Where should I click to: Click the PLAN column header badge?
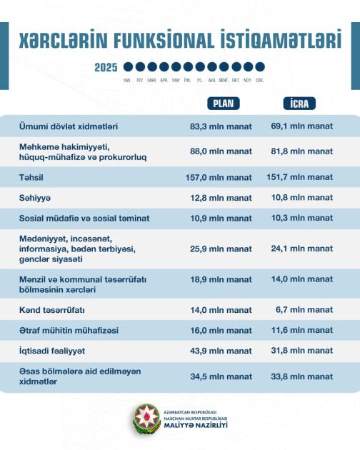222,103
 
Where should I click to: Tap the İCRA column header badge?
300,103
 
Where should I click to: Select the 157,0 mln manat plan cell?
221,177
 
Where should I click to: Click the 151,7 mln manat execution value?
300,177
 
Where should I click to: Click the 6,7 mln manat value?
306,310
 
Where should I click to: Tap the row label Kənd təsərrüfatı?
52,310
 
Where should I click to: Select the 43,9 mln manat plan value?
221,351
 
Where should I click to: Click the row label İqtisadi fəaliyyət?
52,351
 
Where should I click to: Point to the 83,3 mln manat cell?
221,126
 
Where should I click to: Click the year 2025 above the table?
106,68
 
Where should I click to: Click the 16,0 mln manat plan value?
221,330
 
